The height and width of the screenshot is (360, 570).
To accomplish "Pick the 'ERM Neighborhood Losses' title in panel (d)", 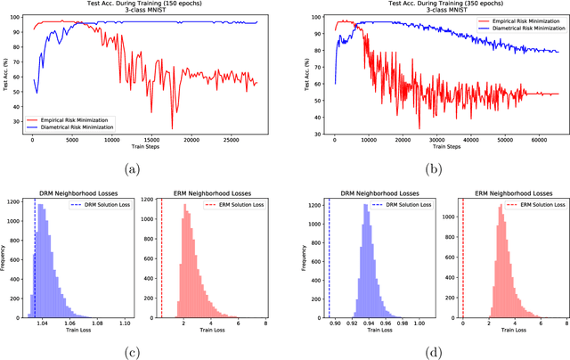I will [511, 193].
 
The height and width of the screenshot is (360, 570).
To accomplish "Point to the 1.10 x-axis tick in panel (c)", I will [125, 323].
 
